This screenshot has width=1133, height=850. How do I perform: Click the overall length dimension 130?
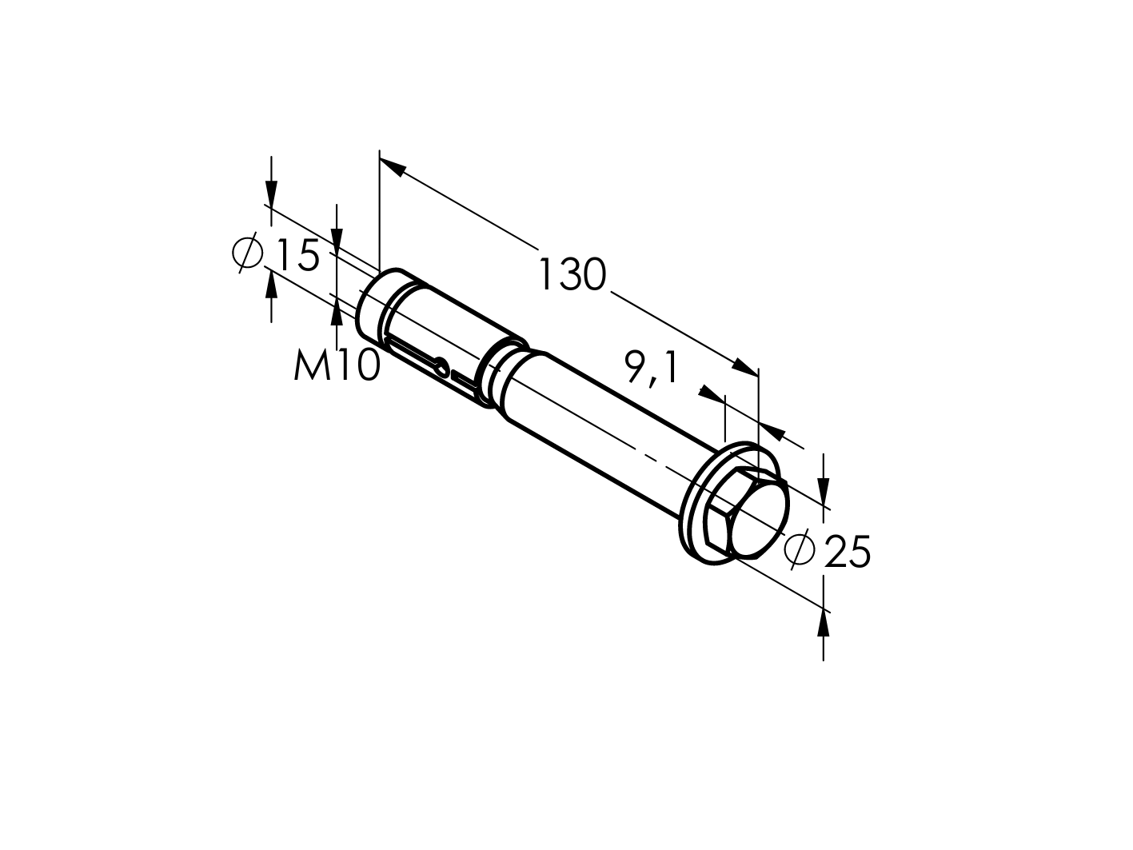(572, 275)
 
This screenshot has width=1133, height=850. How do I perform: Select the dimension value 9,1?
(650, 369)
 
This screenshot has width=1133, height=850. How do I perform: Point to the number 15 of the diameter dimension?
(297, 255)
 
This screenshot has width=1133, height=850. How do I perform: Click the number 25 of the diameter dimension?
(847, 552)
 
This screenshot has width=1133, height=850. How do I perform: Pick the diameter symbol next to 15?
(248, 253)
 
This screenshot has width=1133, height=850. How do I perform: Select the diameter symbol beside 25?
(800, 549)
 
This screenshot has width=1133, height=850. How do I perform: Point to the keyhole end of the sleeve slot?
(441, 366)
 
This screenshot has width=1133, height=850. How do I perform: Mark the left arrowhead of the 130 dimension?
(390, 166)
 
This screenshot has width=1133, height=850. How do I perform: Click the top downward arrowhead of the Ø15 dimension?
(272, 195)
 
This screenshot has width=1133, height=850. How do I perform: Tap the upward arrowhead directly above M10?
(337, 313)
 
